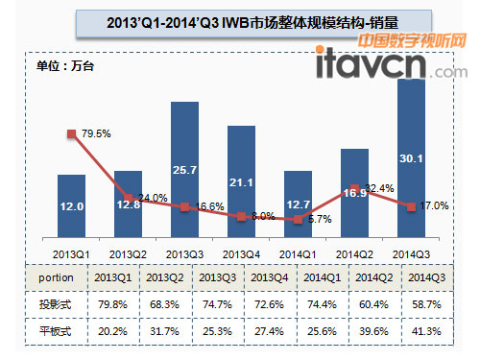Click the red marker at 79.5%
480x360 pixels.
tap(71, 134)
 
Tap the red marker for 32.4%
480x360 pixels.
tap(355, 188)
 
